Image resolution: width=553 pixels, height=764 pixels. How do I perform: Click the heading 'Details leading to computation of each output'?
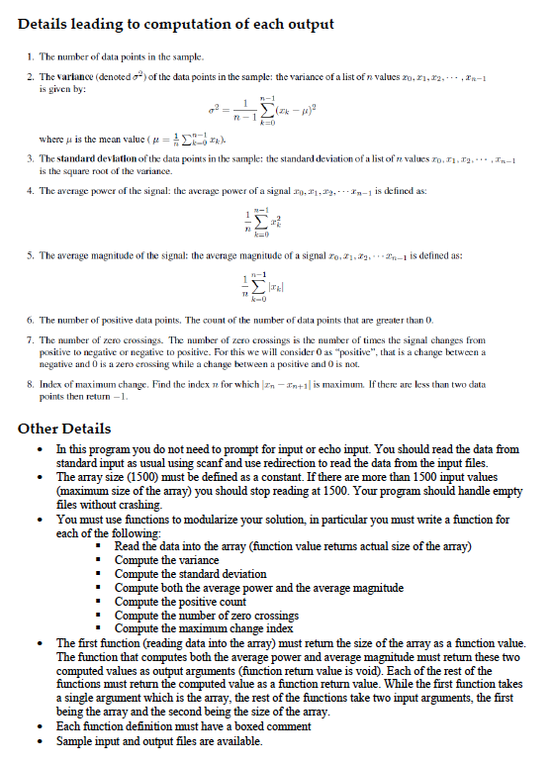point(176,24)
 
